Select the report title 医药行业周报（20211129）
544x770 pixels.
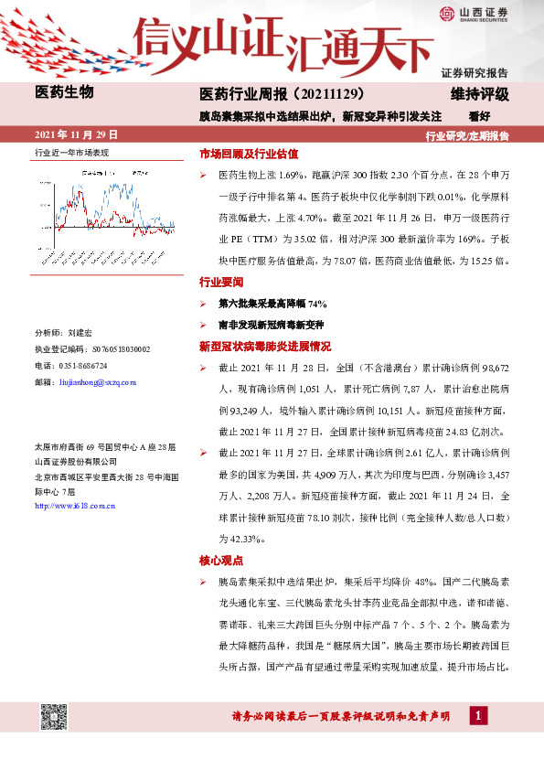point(283,93)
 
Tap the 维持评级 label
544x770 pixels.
point(480,93)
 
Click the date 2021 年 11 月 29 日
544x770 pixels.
point(76,134)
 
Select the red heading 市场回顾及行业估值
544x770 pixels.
point(249,154)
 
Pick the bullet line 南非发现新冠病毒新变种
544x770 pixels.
point(271,325)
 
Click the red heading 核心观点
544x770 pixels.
point(223,559)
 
